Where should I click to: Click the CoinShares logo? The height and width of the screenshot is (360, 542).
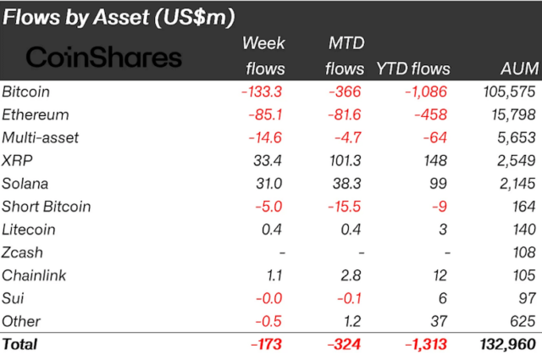tap(103, 57)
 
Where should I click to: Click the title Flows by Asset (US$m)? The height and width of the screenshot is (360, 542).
tap(119, 16)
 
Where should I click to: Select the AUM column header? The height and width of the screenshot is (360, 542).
tap(517, 69)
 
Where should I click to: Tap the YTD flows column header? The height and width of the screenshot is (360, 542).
tap(413, 69)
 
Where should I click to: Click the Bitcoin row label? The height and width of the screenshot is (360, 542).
tap(25, 91)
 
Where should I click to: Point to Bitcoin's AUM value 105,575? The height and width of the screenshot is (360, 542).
tap(507, 91)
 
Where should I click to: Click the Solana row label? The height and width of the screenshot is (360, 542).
tap(25, 183)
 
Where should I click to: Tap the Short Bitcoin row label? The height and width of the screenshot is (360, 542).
tap(46, 206)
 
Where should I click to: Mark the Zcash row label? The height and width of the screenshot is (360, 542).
tap(22, 252)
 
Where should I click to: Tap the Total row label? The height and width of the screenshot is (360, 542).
tap(20, 344)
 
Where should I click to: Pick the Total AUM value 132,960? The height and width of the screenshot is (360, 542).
tap(506, 344)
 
